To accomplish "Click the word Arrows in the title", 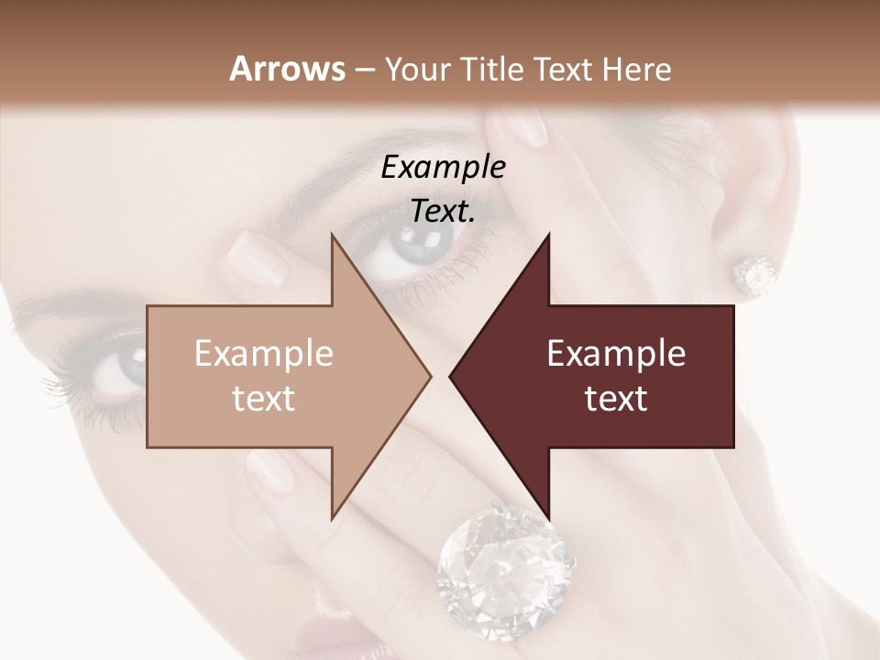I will click(288, 69).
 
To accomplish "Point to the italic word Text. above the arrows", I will click(443, 212).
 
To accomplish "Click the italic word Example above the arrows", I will click(443, 168).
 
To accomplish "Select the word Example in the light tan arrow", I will click(264, 354).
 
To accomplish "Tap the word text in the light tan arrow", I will click(264, 399).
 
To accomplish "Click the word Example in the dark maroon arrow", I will click(616, 354).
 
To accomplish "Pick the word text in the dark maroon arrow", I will click(616, 399).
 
